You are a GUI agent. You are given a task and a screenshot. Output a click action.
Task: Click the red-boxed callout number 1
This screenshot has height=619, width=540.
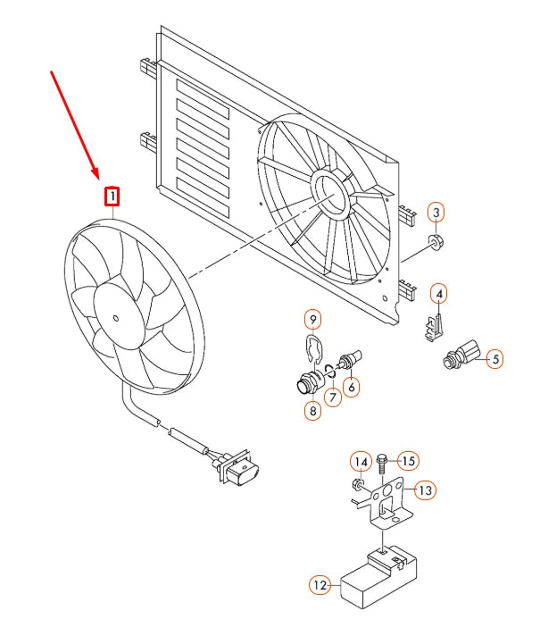112,197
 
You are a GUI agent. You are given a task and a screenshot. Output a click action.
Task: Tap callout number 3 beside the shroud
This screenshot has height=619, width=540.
436,213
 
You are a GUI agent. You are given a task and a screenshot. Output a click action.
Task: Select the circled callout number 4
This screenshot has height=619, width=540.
439,294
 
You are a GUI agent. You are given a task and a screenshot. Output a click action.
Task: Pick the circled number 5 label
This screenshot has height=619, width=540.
495,359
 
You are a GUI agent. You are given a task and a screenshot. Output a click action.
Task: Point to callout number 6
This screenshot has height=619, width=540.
351,388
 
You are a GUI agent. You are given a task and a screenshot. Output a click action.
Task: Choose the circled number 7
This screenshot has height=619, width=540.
333,397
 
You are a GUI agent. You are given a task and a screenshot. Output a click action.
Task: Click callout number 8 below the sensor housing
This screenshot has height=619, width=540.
312,411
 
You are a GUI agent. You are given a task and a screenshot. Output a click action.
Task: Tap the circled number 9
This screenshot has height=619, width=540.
312,320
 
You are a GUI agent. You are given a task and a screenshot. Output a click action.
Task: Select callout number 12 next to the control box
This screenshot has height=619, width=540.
320,585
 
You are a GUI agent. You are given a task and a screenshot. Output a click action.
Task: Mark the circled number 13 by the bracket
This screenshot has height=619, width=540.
425,490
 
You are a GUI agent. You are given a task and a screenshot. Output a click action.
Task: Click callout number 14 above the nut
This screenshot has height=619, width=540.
361,462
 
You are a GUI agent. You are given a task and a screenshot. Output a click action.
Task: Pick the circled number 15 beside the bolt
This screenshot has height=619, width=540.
408,461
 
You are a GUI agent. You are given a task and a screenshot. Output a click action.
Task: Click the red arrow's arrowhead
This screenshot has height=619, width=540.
96,172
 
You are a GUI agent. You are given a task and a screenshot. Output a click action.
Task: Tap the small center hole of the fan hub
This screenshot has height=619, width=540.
115,318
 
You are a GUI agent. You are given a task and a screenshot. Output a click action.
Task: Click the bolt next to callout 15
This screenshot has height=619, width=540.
382,464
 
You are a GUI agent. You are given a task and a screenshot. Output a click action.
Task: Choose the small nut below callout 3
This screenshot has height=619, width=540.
436,242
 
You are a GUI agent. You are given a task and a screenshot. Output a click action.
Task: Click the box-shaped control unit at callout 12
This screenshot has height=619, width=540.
378,576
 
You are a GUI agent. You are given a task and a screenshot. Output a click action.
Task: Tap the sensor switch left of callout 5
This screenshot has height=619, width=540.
462,354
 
